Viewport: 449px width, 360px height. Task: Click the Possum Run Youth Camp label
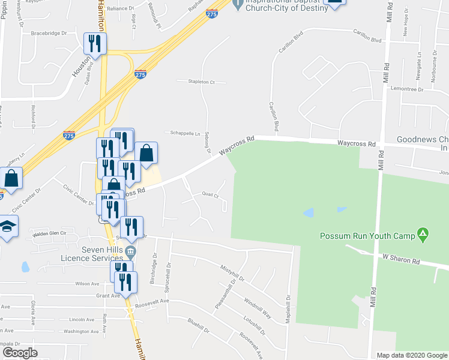(x=367, y=236)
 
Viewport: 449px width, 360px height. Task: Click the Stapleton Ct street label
(x=201, y=81)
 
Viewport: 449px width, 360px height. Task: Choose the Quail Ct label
(x=209, y=194)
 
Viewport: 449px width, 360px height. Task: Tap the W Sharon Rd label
(x=400, y=257)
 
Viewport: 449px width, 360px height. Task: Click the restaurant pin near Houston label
(x=95, y=44)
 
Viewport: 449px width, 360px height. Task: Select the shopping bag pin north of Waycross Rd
(x=146, y=153)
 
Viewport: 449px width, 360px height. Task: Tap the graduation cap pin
(x=7, y=227)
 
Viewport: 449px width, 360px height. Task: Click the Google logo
(x=20, y=353)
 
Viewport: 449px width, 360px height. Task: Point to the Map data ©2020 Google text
(x=411, y=355)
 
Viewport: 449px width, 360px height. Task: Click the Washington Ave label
(x=81, y=331)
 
